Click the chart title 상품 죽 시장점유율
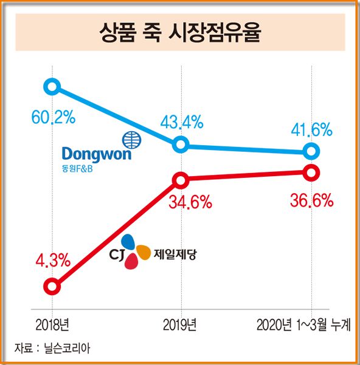tap(179, 32)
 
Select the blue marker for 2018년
tap(52, 86)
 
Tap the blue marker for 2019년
tap(181, 145)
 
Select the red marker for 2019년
tap(181, 180)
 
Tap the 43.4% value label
tap(181, 123)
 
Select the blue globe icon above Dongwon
tap(131, 139)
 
